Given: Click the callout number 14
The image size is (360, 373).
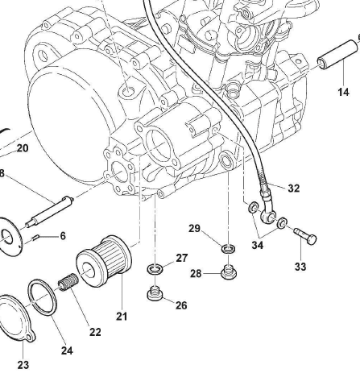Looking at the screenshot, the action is pos(344,92).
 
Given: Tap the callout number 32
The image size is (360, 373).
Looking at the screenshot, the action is pos(294,189).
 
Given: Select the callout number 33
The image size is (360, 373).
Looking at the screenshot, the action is pos(300,267).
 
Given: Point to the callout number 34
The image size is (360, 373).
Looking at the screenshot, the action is pos(258,245).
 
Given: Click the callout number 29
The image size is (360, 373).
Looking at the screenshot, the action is pos(195,229).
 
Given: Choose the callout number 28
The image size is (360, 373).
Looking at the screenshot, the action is pos(196,274).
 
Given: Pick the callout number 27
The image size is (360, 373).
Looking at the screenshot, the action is pos(182,258).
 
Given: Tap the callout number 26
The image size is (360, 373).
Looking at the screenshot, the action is pos(181,305).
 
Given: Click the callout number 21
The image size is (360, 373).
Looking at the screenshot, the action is pos(122,317).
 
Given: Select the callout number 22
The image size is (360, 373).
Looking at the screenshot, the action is pos(95,332).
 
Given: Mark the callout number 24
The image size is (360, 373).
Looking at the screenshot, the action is pos(67,350).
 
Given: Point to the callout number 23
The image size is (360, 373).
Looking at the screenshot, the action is pos(23,365).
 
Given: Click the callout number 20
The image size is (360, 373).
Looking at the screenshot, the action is pos(23,148).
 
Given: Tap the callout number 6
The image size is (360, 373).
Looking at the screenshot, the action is pos(63,236).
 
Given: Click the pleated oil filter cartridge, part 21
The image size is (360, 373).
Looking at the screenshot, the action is pos(104,261).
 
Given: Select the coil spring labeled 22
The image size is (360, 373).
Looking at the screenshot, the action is pos(68,282).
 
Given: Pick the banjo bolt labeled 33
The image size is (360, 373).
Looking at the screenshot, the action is pos(305,236).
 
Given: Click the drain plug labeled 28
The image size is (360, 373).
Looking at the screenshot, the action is pos(229,271).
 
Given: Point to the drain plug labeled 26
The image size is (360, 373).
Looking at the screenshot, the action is pos(155,293).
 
